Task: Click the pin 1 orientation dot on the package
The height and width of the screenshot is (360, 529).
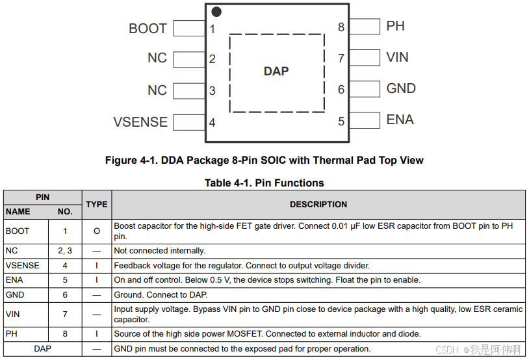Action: pyautogui.click(x=216, y=12)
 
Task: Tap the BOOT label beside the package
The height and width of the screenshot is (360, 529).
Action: pyautogui.click(x=148, y=29)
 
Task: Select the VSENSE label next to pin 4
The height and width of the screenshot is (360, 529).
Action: pyautogui.click(x=140, y=122)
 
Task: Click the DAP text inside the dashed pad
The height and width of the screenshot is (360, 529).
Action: pyautogui.click(x=276, y=71)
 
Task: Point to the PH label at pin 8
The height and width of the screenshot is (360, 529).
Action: pyautogui.click(x=395, y=26)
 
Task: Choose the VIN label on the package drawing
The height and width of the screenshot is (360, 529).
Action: pyautogui.click(x=397, y=57)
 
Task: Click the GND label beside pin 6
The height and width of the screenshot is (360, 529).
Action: pyautogui.click(x=401, y=88)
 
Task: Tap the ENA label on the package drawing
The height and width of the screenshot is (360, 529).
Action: pyautogui.click(x=400, y=120)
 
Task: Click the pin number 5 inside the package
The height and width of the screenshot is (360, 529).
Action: pyautogui.click(x=341, y=122)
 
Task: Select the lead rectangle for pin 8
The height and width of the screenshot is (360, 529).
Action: pyautogui.click(x=365, y=27)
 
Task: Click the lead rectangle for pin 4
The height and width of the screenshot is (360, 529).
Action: pyautogui.click(x=190, y=122)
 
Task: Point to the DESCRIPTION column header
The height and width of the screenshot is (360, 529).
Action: pyautogui.click(x=318, y=204)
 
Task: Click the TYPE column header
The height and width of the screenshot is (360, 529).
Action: pyautogui.click(x=97, y=204)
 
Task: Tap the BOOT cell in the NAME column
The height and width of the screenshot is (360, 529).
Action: pyautogui.click(x=18, y=231)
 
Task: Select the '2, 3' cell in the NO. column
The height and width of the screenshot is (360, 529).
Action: pyautogui.click(x=65, y=251)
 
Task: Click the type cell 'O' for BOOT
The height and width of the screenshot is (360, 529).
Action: pyautogui.click(x=97, y=231)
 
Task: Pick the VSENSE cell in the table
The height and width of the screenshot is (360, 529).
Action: pyautogui.click(x=23, y=266)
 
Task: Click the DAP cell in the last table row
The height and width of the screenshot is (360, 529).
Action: pyautogui.click(x=43, y=350)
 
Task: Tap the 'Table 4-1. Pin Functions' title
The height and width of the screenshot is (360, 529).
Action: pyautogui.click(x=264, y=183)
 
